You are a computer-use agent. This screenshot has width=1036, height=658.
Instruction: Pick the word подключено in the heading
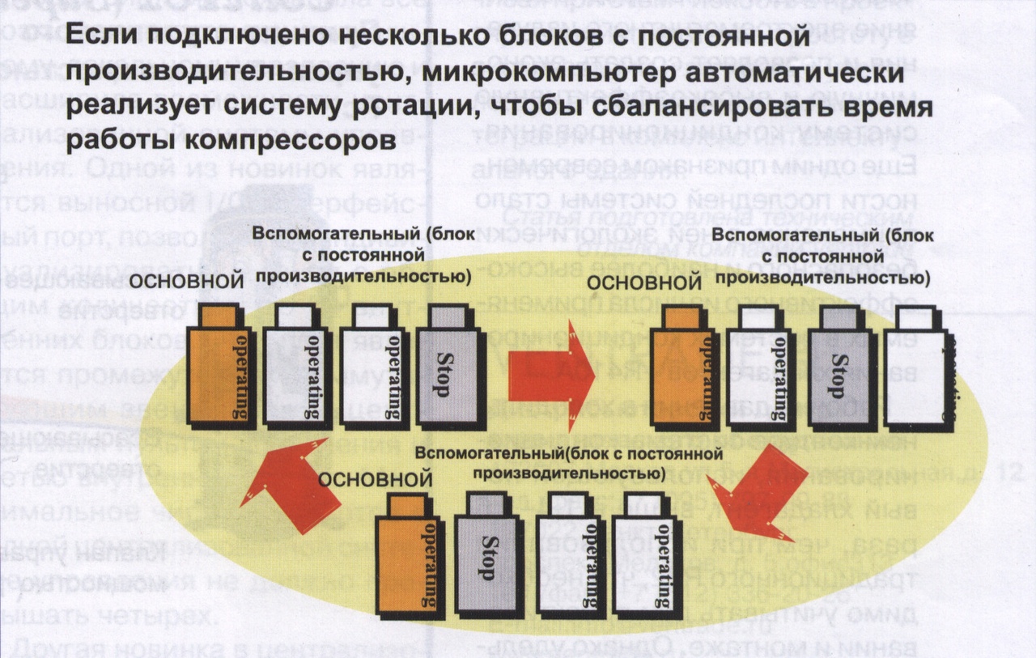click(x=201, y=38)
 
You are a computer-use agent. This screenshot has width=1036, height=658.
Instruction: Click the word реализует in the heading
click(x=129, y=107)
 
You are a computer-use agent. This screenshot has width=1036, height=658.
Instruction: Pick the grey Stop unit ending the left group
click(x=445, y=368)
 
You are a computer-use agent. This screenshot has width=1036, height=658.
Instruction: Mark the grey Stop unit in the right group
click(x=843, y=368)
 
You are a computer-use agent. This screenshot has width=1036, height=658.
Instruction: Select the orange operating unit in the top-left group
click(x=217, y=368)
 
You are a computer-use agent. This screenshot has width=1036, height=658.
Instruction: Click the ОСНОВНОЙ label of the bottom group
click(x=374, y=478)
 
